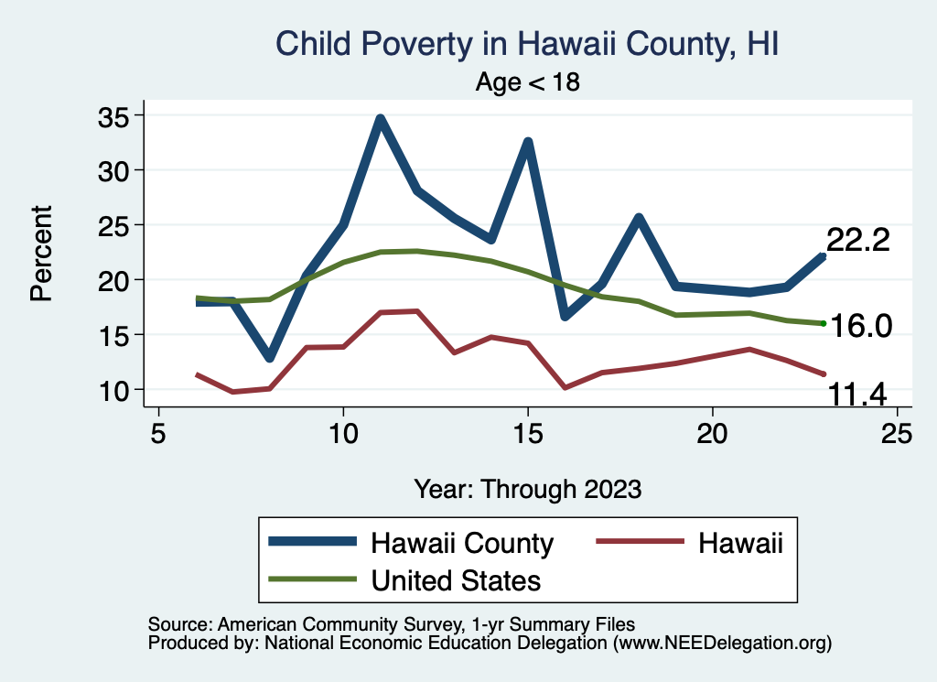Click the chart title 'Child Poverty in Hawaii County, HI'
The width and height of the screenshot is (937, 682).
click(x=527, y=43)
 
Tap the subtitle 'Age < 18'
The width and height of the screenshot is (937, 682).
click(x=528, y=82)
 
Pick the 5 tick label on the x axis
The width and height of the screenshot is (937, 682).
click(x=158, y=433)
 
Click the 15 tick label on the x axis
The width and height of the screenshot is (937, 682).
click(x=528, y=433)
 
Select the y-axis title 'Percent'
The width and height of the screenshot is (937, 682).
click(x=41, y=254)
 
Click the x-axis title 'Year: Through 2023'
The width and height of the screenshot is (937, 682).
click(x=527, y=488)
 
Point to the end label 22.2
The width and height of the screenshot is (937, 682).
click(x=858, y=240)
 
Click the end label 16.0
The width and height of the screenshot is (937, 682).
click(x=860, y=325)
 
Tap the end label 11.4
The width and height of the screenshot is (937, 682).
click(x=858, y=395)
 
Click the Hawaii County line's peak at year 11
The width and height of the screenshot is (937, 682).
click(x=380, y=119)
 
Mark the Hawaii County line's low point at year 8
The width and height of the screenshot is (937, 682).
click(x=269, y=357)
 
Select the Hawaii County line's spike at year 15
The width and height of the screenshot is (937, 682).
click(x=528, y=142)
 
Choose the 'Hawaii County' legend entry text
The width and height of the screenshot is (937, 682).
click(x=462, y=543)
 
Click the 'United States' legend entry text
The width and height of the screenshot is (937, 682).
click(x=456, y=579)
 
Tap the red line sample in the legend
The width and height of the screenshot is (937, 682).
click(x=640, y=543)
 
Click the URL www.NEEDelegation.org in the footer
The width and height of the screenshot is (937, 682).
click(x=722, y=644)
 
